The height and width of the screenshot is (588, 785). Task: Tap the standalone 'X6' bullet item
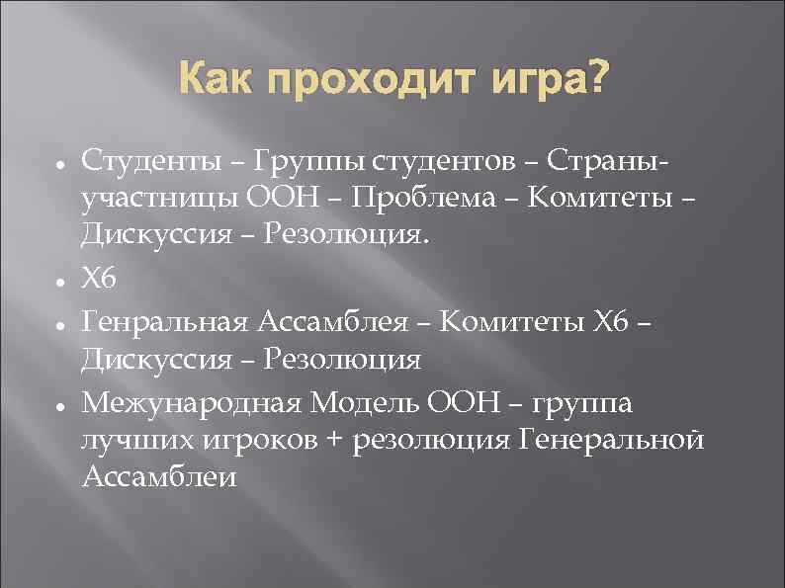[99, 280]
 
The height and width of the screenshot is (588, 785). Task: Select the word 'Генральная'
[166, 321]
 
